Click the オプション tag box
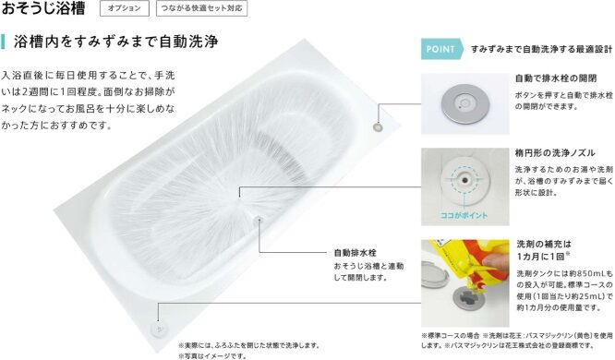point(125,8)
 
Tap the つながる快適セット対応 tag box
point(201,8)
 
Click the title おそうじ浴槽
point(43,7)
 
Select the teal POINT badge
point(441,49)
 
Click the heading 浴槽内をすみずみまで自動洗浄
point(116,42)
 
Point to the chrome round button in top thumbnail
point(464,104)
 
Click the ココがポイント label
point(464,215)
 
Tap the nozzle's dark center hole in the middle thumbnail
point(465,180)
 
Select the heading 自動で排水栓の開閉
point(556,78)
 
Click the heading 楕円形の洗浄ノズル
point(555,153)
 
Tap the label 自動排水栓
point(355,253)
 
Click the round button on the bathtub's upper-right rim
point(378,127)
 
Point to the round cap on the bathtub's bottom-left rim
point(159,329)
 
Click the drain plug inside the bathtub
point(259,220)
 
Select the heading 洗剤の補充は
point(544,245)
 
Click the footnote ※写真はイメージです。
point(212,356)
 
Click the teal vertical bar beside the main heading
point(3,42)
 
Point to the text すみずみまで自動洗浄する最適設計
point(541,50)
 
